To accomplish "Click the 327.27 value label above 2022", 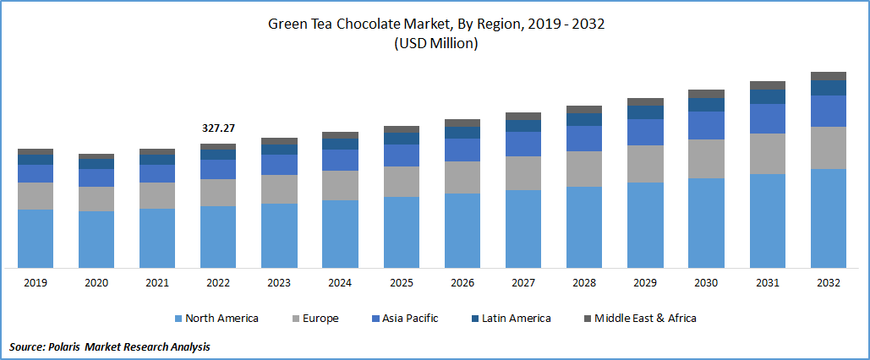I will [218, 128].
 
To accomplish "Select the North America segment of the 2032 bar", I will [829, 218].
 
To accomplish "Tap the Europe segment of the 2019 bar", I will [36, 196].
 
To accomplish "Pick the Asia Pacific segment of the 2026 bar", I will [462, 150].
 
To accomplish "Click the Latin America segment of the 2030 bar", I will [707, 105].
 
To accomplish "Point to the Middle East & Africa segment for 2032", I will [829, 76].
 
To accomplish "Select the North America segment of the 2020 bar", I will [96, 239].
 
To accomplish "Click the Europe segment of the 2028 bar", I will [584, 169].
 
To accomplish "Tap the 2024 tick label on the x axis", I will [340, 283].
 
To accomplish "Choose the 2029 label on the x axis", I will [645, 283].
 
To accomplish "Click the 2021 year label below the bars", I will [157, 283].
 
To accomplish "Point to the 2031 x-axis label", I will [768, 283].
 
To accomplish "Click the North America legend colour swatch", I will [178, 319].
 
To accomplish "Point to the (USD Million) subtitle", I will [435, 44].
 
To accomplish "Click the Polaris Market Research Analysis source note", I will [110, 346].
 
